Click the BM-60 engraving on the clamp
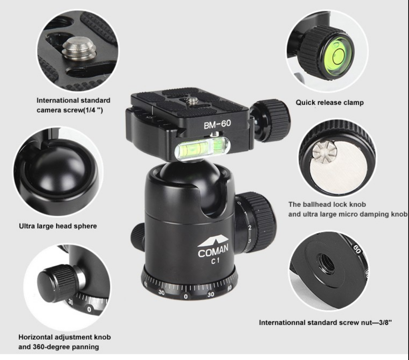[x=217, y=124]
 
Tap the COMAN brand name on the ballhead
[x=213, y=251]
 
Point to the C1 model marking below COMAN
[x=215, y=261]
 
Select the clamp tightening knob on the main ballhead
[x=271, y=120]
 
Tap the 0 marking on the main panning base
[x=186, y=296]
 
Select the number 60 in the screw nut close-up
[x=357, y=250]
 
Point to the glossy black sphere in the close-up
[x=62, y=171]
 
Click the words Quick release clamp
[x=330, y=102]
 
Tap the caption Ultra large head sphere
[x=58, y=226]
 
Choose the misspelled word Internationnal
[x=282, y=323]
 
